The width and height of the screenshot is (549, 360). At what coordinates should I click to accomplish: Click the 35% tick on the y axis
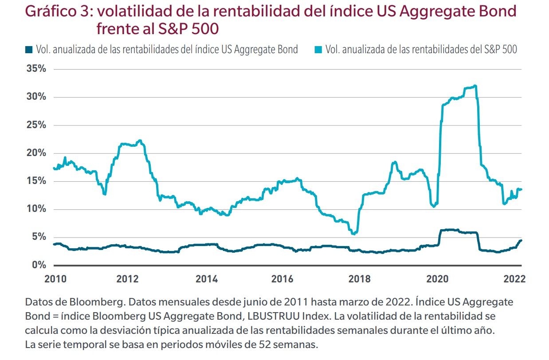coord(36,69)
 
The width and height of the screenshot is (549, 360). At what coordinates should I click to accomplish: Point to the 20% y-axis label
coord(36,153)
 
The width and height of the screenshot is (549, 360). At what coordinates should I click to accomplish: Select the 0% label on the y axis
coord(39,265)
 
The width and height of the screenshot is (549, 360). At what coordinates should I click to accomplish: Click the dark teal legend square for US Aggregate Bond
coord(29,50)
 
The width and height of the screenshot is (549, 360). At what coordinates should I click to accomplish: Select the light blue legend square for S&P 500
coord(318,50)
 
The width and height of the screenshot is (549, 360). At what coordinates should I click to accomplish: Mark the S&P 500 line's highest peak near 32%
coord(475,86)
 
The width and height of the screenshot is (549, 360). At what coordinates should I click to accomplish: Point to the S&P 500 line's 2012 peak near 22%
coord(140,141)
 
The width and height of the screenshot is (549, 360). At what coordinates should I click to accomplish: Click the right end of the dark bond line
coord(521,240)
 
